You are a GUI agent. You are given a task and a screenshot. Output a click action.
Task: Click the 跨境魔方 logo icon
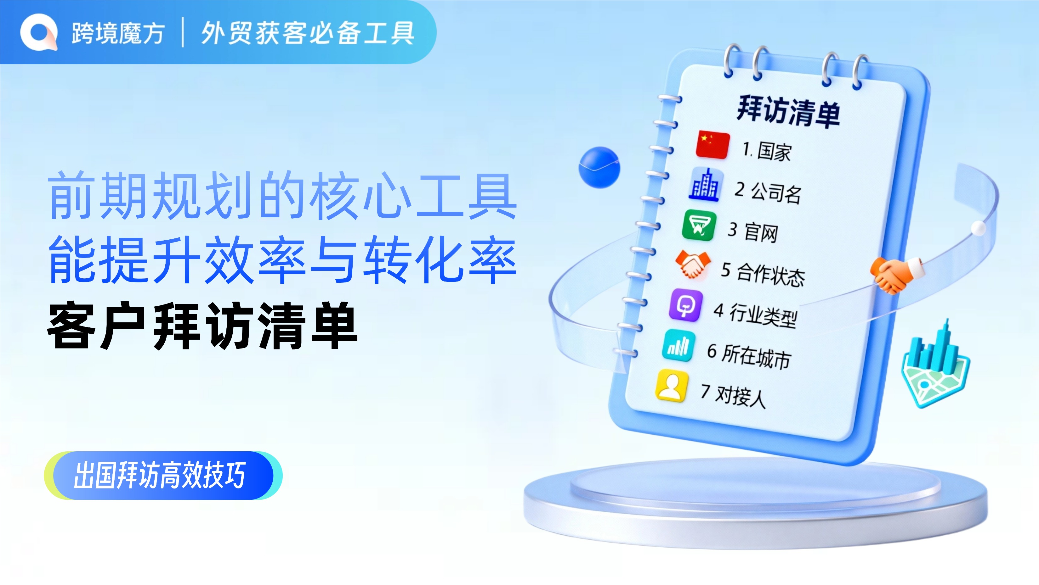(39, 32)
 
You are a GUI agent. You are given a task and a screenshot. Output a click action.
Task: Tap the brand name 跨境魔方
(118, 33)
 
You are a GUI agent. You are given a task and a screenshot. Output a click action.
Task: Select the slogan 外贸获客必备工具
(308, 33)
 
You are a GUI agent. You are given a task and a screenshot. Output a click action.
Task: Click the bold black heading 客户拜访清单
(202, 326)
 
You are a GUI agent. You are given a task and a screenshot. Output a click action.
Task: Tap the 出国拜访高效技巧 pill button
(163, 476)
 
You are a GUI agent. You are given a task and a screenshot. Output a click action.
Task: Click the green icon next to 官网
(699, 225)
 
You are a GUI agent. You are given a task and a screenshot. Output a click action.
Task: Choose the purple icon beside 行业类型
(686, 305)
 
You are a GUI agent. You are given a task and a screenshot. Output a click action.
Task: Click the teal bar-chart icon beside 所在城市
(679, 346)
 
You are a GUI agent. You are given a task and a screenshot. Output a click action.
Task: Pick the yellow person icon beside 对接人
(672, 386)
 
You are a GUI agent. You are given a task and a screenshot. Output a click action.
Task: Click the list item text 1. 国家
(767, 151)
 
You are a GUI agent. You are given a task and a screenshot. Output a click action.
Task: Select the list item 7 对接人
(733, 396)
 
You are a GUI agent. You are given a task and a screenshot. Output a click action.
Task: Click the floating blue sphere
(599, 167)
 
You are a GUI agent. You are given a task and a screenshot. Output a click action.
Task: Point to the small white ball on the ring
(979, 228)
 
